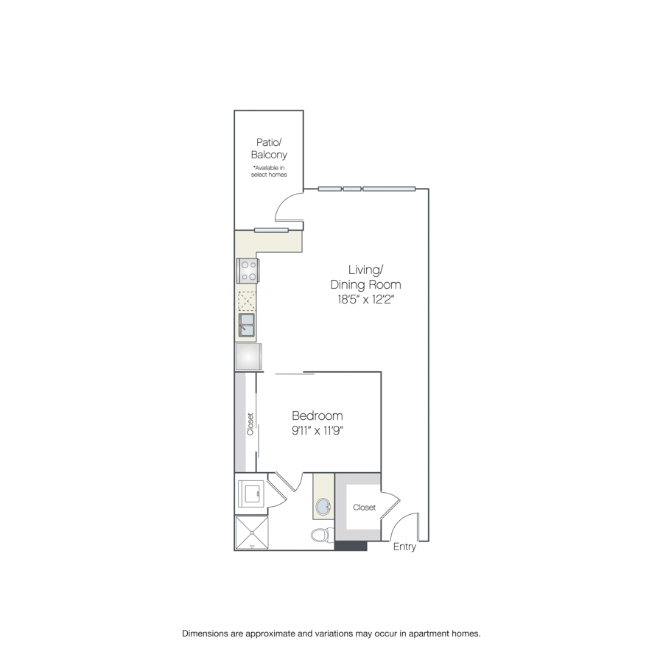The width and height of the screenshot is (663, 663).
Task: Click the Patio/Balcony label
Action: [x=269, y=148]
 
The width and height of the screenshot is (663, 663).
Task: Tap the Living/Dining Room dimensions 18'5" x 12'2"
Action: [x=365, y=300]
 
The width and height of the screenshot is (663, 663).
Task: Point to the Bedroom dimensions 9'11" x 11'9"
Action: [x=317, y=431]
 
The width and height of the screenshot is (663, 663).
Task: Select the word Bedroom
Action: [x=317, y=415]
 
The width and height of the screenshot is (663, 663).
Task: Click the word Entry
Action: [x=404, y=547]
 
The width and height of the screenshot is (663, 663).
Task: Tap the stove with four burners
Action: [x=248, y=270]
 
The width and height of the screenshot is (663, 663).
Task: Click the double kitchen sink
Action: [x=247, y=325]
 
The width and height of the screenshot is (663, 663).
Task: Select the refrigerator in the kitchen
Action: [x=249, y=357]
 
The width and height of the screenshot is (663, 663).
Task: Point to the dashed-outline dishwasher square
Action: [x=247, y=301]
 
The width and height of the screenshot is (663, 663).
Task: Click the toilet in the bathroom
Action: [x=322, y=536]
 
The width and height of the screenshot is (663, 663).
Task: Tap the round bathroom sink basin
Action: [x=324, y=506]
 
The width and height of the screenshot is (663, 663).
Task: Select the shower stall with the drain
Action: [x=252, y=533]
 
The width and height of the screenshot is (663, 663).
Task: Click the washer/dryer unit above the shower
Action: [x=250, y=493]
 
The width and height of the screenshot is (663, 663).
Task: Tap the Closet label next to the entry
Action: [x=364, y=508]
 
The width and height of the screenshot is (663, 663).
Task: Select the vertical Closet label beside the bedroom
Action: [x=250, y=424]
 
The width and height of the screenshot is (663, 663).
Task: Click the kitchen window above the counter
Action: [x=271, y=231]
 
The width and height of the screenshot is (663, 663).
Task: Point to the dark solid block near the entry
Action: [x=351, y=546]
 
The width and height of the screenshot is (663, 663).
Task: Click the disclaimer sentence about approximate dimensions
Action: [x=331, y=634]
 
